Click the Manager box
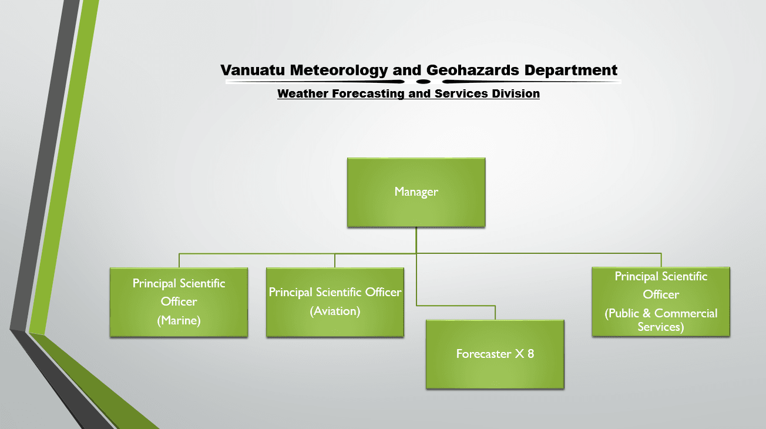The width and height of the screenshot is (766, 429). pos(416,192)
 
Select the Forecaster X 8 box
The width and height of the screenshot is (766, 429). pos(495,354)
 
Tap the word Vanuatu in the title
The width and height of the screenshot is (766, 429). pos(253,70)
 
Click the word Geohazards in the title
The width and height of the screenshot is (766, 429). pos(473,70)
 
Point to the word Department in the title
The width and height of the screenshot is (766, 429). pos(571,71)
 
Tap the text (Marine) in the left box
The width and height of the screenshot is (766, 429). pos(179,320)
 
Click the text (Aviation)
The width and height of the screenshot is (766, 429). pos(335,311)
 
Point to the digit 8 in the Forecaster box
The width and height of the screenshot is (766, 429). pos(530,354)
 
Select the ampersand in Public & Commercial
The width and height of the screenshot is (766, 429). pos(646,313)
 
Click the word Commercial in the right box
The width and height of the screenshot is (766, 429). pos(686,313)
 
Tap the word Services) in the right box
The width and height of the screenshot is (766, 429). pos(661,327)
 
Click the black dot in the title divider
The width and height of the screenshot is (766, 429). pos(424,82)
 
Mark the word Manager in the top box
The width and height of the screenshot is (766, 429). pos(416,192)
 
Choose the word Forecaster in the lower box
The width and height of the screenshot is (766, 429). pos(483,354)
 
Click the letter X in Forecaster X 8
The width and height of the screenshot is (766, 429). pos(519,354)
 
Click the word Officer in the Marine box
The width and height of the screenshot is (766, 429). pos(179,301)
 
